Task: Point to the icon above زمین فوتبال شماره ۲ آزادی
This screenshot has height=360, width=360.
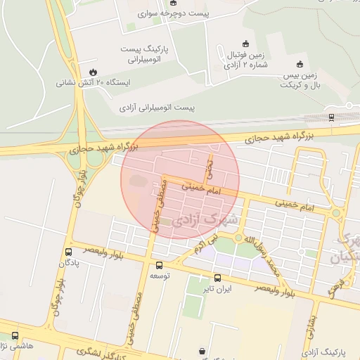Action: tap(245, 44)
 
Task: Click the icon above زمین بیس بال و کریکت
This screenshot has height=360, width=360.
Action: tap(300, 63)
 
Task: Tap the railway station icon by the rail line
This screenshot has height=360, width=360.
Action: tap(330, 117)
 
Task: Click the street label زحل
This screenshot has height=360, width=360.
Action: tap(209, 166)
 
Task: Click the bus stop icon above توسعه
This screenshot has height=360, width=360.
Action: tap(159, 266)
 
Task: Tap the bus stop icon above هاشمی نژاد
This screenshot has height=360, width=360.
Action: tap(15, 336)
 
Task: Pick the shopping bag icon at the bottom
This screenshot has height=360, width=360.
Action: tap(202, 350)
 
